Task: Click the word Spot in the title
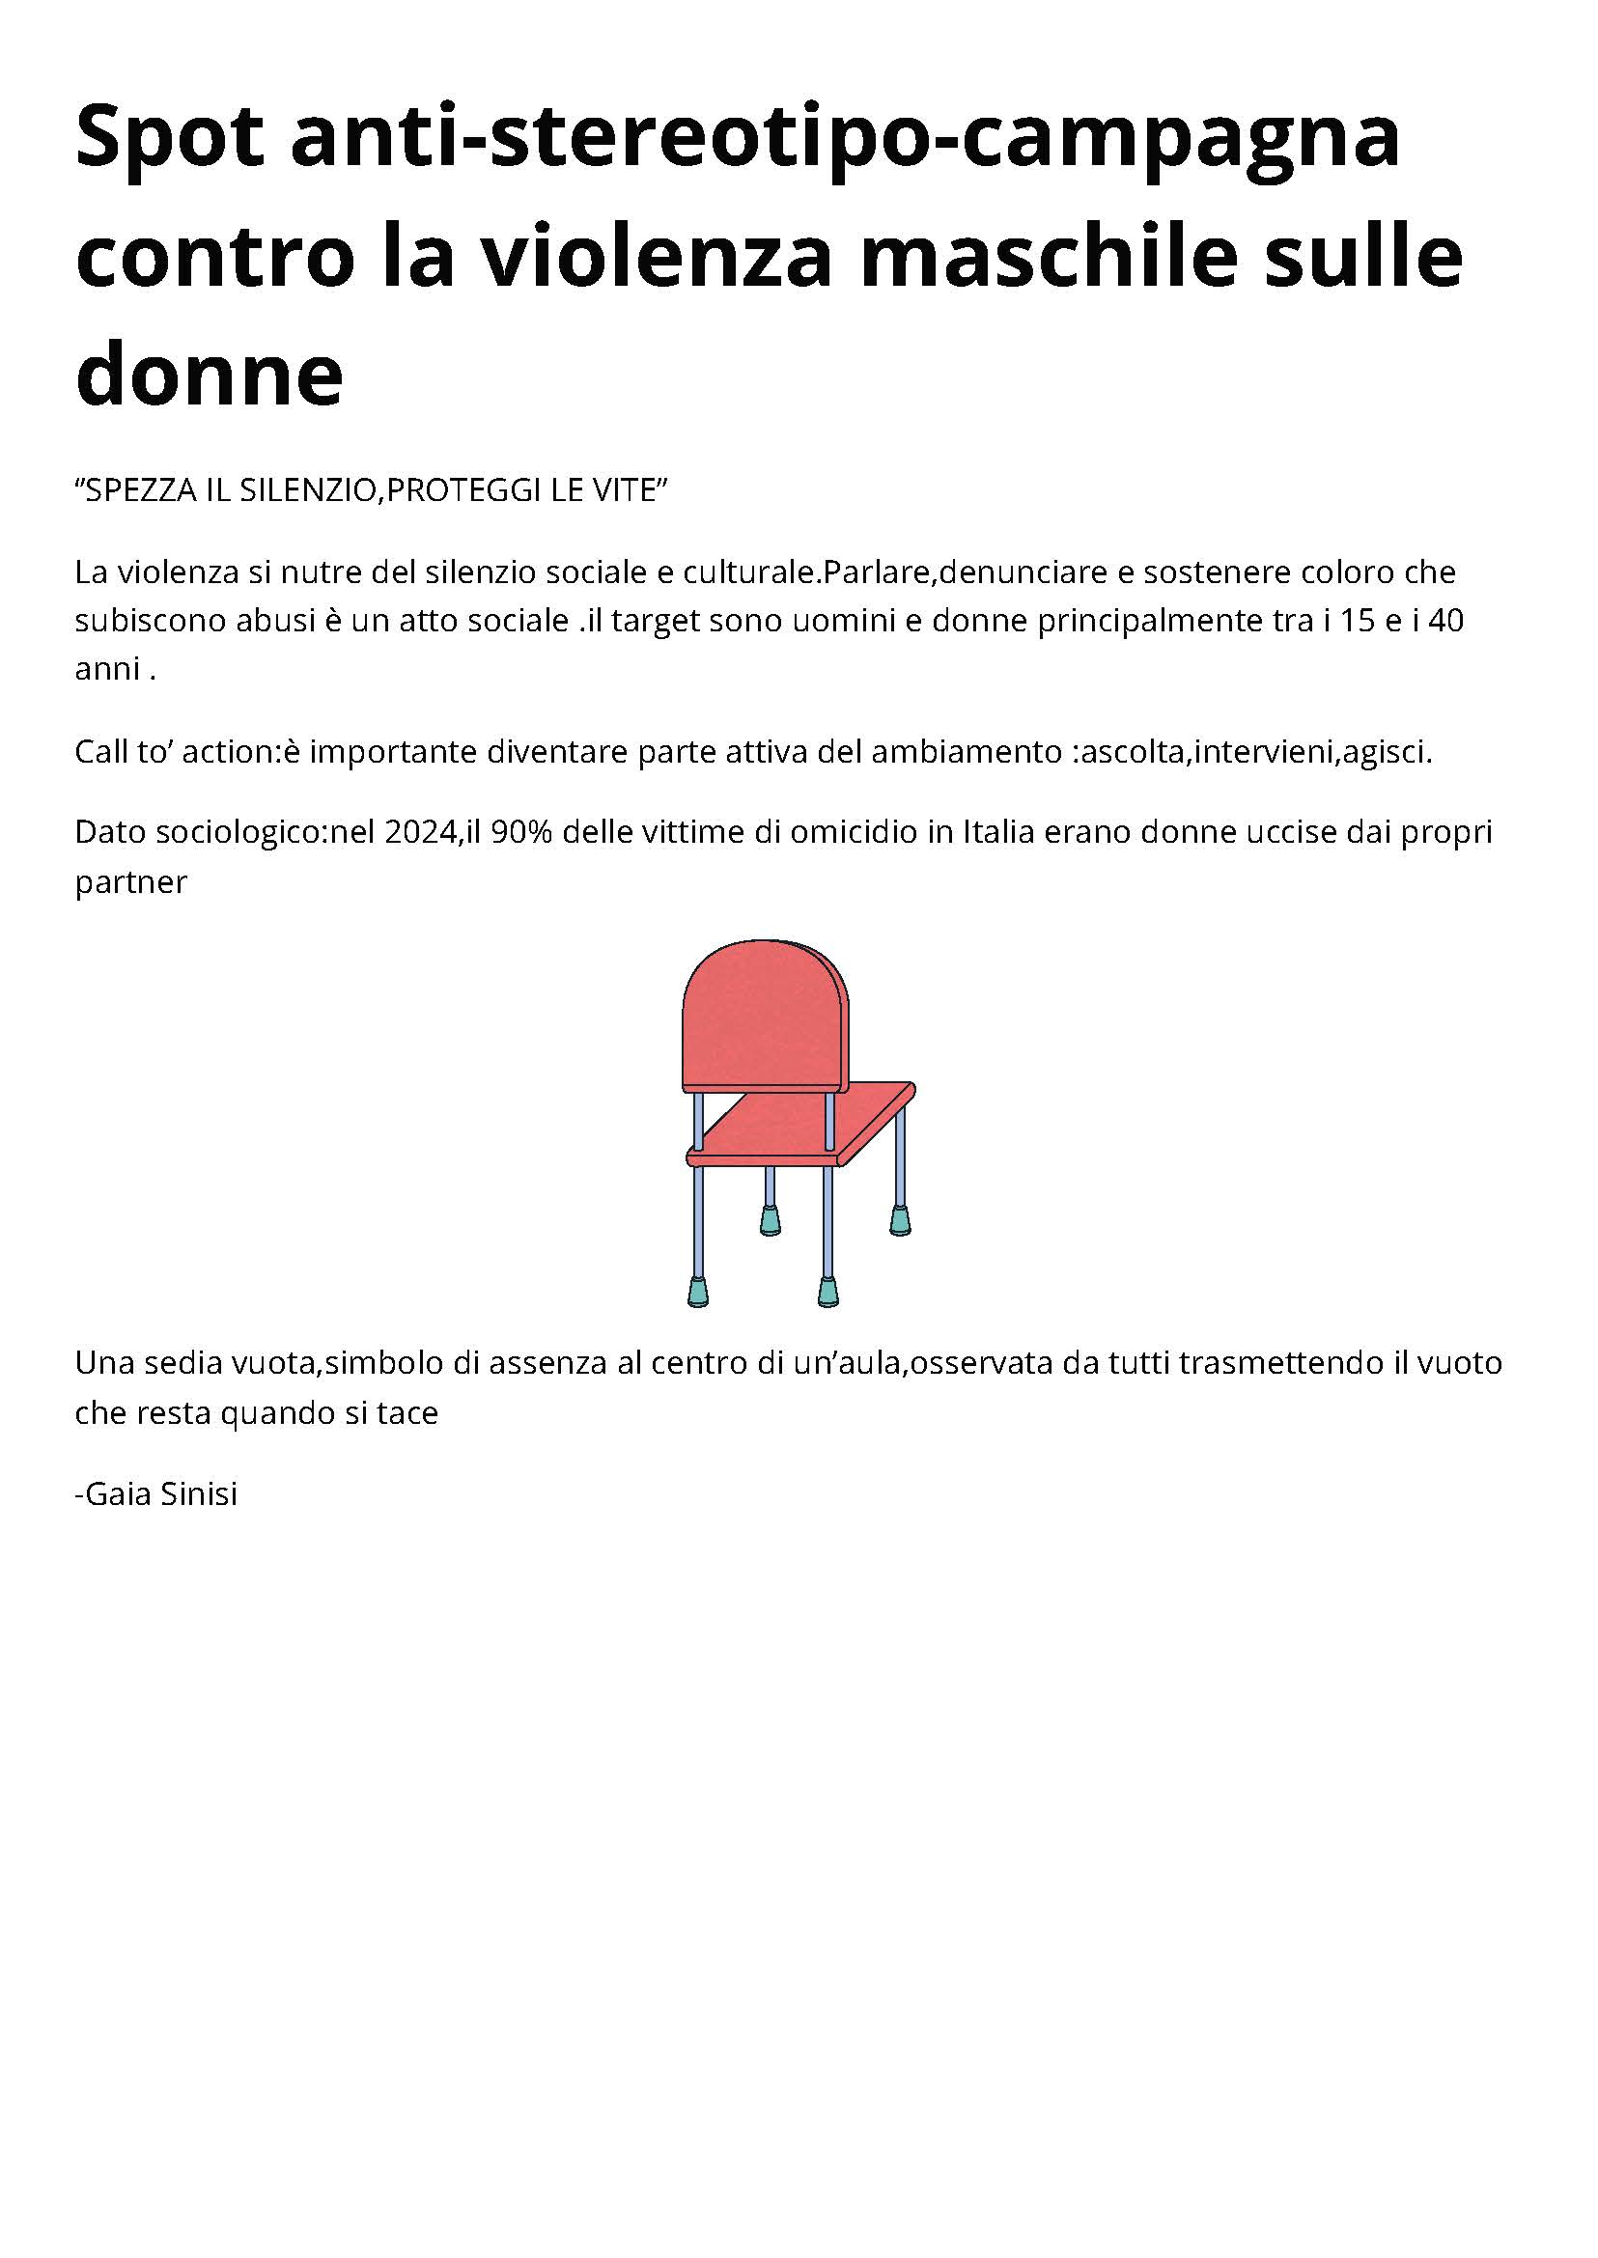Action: (169, 139)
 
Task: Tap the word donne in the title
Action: (209, 375)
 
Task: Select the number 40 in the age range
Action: (1445, 621)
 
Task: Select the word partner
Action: (131, 882)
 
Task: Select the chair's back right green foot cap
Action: (899, 1221)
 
